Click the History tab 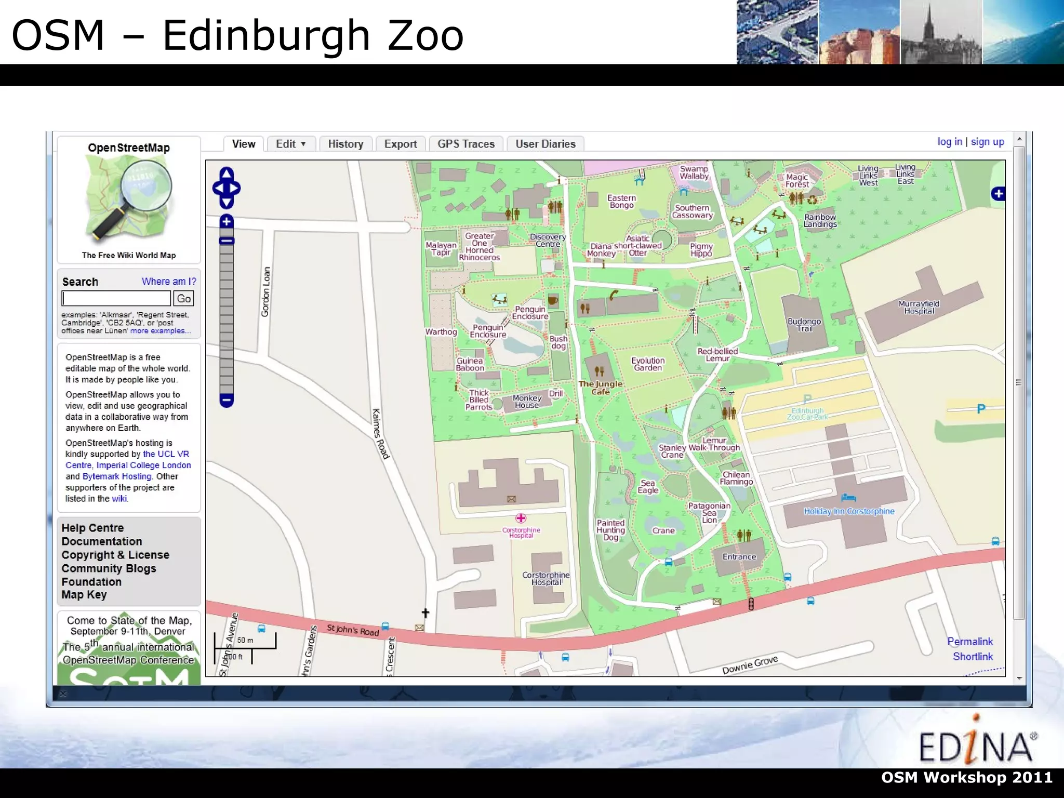tap(345, 144)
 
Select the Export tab tap(401, 144)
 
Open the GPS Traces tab tap(466, 144)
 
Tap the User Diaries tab tap(546, 144)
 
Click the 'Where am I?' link tap(169, 282)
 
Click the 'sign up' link tap(987, 142)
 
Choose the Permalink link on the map tap(969, 642)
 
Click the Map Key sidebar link tap(84, 595)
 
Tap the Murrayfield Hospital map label tap(919, 308)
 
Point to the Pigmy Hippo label tap(701, 250)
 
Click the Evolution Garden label tap(648, 364)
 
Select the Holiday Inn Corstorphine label tap(849, 511)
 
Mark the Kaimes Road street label tap(380, 434)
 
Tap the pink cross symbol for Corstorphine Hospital tap(521, 518)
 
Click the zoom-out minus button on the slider tap(227, 400)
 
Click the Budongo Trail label tap(804, 325)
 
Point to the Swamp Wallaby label tap(694, 172)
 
